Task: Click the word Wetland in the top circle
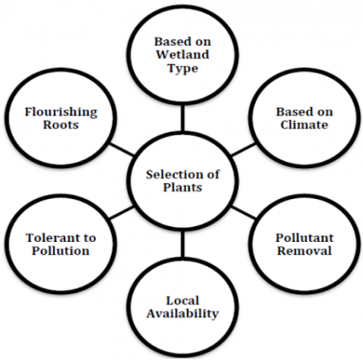[x=183, y=54]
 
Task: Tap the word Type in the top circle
[x=183, y=68]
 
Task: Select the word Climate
[x=304, y=125]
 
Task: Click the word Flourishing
[x=61, y=112]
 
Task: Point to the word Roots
[x=60, y=125]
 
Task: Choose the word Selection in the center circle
[x=172, y=175]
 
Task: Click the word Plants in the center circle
[x=182, y=188]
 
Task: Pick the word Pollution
[x=60, y=250]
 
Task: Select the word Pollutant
[x=305, y=237]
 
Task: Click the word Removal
[x=304, y=250]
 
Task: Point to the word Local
[x=182, y=300]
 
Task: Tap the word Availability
[x=182, y=314]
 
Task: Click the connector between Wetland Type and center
[x=182, y=118]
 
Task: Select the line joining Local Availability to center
[x=182, y=244]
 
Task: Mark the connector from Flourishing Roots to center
[x=121, y=150]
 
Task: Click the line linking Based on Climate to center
[x=244, y=150]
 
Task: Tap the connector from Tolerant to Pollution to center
[x=122, y=213]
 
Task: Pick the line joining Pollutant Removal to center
[x=244, y=212]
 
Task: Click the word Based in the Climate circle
[x=293, y=112]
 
